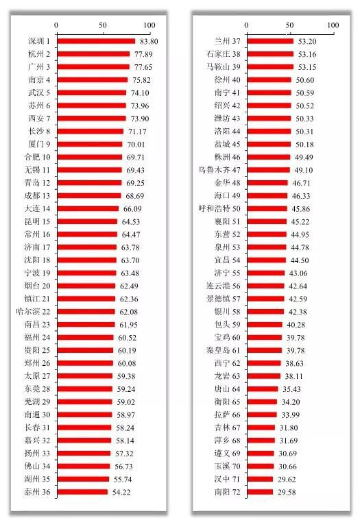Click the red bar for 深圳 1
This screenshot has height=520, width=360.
(96, 41)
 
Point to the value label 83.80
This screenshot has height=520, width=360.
(149, 42)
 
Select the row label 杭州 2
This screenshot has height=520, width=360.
(39, 54)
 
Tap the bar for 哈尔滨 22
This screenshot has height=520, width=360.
(86, 312)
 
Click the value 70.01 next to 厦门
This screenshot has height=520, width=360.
(136, 145)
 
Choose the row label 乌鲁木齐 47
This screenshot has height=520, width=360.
(219, 170)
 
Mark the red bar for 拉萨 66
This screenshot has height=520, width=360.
(262, 415)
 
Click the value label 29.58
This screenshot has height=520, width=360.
(287, 492)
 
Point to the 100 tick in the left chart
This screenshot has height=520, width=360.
(149, 25)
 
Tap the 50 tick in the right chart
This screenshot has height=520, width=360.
(289, 25)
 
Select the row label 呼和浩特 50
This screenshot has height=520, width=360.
(219, 208)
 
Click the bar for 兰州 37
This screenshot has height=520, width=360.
(270, 41)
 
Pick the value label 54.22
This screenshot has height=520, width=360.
(121, 492)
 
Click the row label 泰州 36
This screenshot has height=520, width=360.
(37, 492)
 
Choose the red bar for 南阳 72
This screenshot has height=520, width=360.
(260, 492)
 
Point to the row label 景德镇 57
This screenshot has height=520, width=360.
(224, 299)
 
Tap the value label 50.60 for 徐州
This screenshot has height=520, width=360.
(305, 80)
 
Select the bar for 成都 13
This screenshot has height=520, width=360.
(89, 196)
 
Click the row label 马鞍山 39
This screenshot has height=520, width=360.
(224, 67)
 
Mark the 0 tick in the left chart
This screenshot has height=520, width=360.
(56, 25)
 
